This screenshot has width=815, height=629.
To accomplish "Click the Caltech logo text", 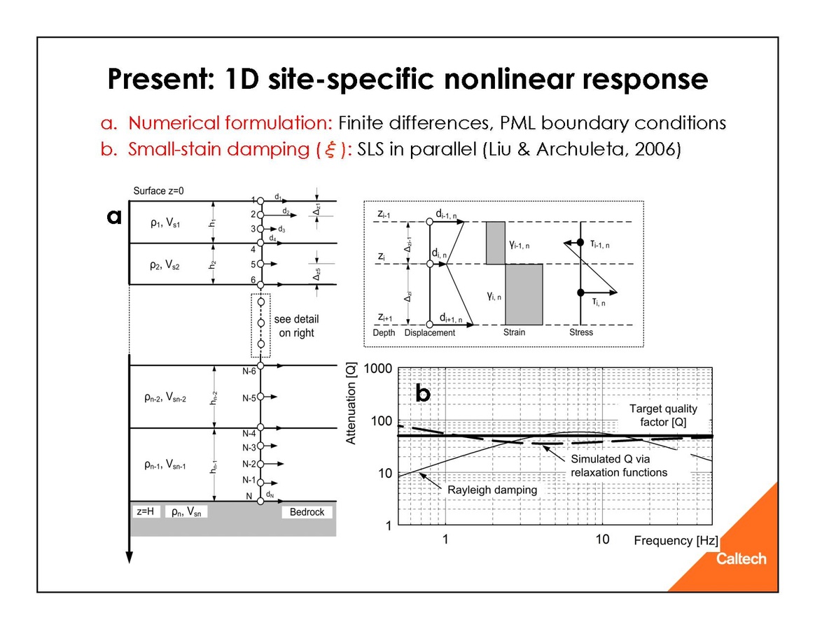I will (x=741, y=559).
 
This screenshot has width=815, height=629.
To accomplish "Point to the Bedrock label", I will (x=307, y=512).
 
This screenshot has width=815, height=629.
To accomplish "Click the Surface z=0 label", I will (x=159, y=191).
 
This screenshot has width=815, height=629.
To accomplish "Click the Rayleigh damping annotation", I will (x=492, y=490).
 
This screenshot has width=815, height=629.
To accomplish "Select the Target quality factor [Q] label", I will (x=663, y=416).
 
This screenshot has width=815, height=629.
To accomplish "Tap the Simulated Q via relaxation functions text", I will (x=619, y=466).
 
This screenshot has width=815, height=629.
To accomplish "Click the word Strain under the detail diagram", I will (x=514, y=332).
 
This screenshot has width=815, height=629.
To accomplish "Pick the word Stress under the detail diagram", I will (x=581, y=332).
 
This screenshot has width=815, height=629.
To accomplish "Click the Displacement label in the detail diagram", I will (x=430, y=333).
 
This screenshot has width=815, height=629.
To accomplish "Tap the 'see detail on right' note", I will (x=296, y=326).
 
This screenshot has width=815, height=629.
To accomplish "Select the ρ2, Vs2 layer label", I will (x=165, y=265).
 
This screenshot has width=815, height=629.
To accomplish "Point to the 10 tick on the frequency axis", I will (x=602, y=539).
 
